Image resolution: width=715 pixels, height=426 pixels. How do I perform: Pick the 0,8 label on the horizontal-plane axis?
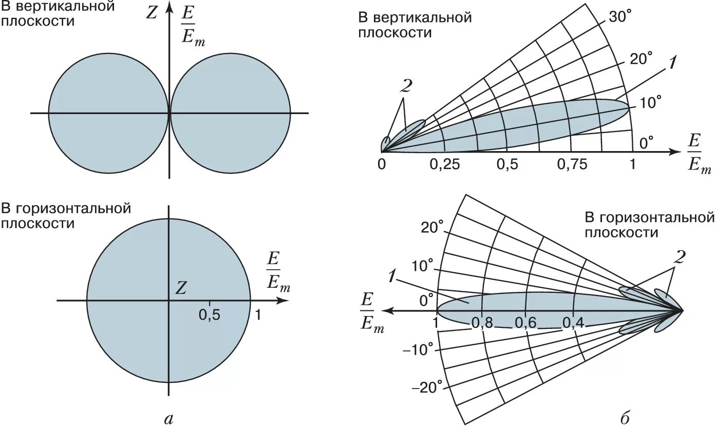(481, 323)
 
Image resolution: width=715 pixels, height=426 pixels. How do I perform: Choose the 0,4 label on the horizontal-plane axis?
(573, 323)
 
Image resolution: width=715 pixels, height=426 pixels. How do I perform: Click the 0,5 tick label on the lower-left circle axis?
(210, 316)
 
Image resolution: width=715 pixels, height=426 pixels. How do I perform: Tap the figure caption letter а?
(167, 419)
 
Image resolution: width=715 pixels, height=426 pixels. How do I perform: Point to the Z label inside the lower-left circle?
(180, 288)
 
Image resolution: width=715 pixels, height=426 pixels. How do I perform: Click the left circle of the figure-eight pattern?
(108, 113)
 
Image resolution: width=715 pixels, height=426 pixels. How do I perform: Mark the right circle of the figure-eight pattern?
(230, 113)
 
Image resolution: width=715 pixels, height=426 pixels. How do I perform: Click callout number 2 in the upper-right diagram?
(406, 87)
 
